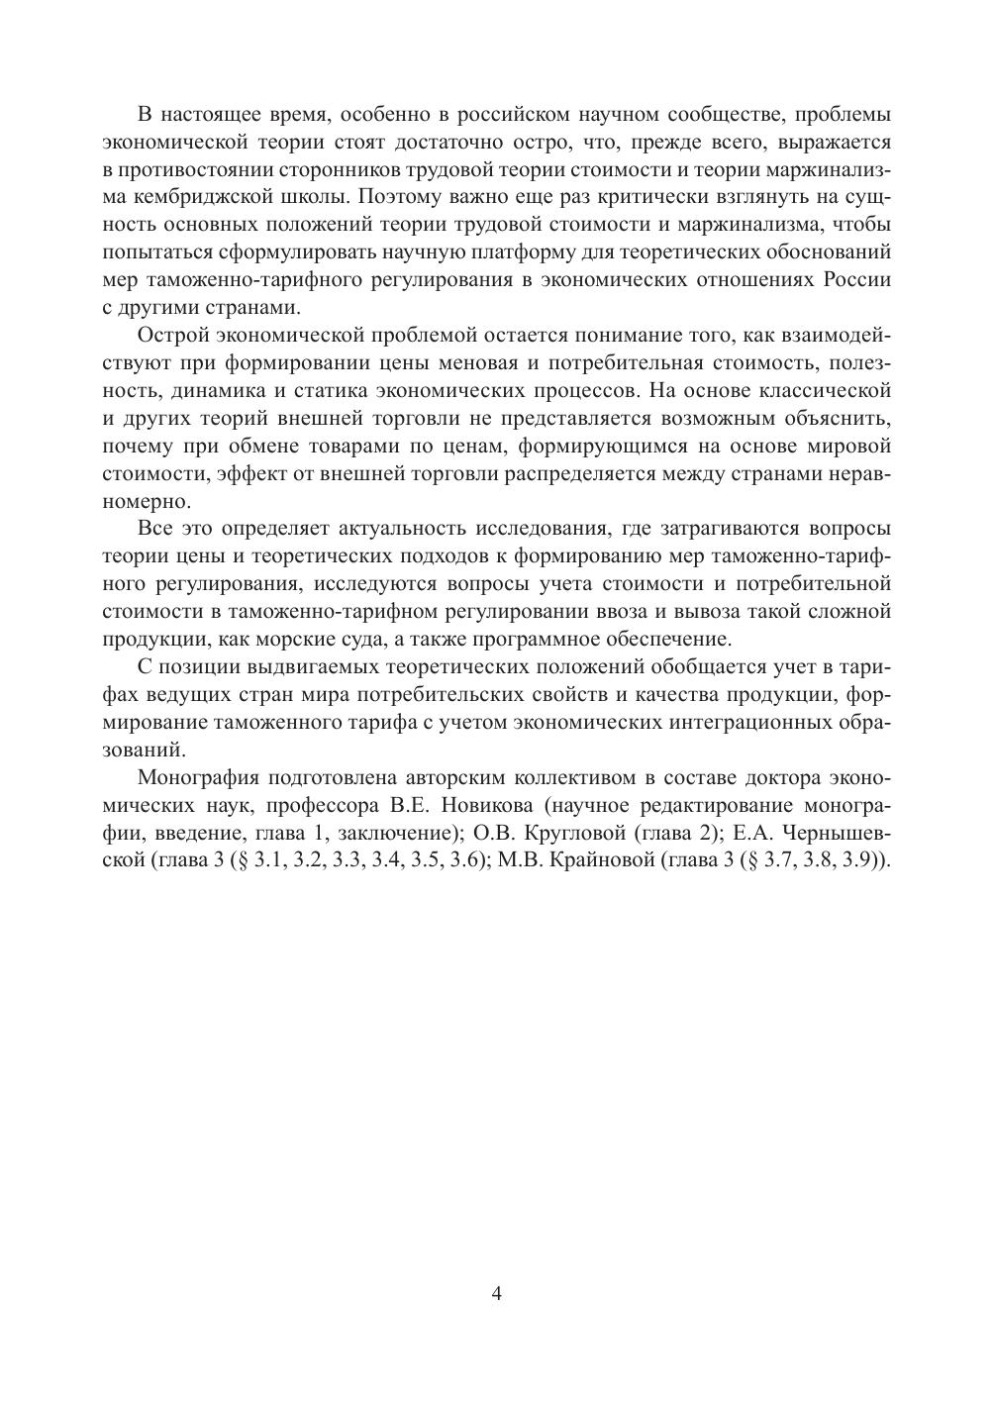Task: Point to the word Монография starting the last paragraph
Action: point(194,774)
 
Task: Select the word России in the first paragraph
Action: point(857,278)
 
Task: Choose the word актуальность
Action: point(455,526)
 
